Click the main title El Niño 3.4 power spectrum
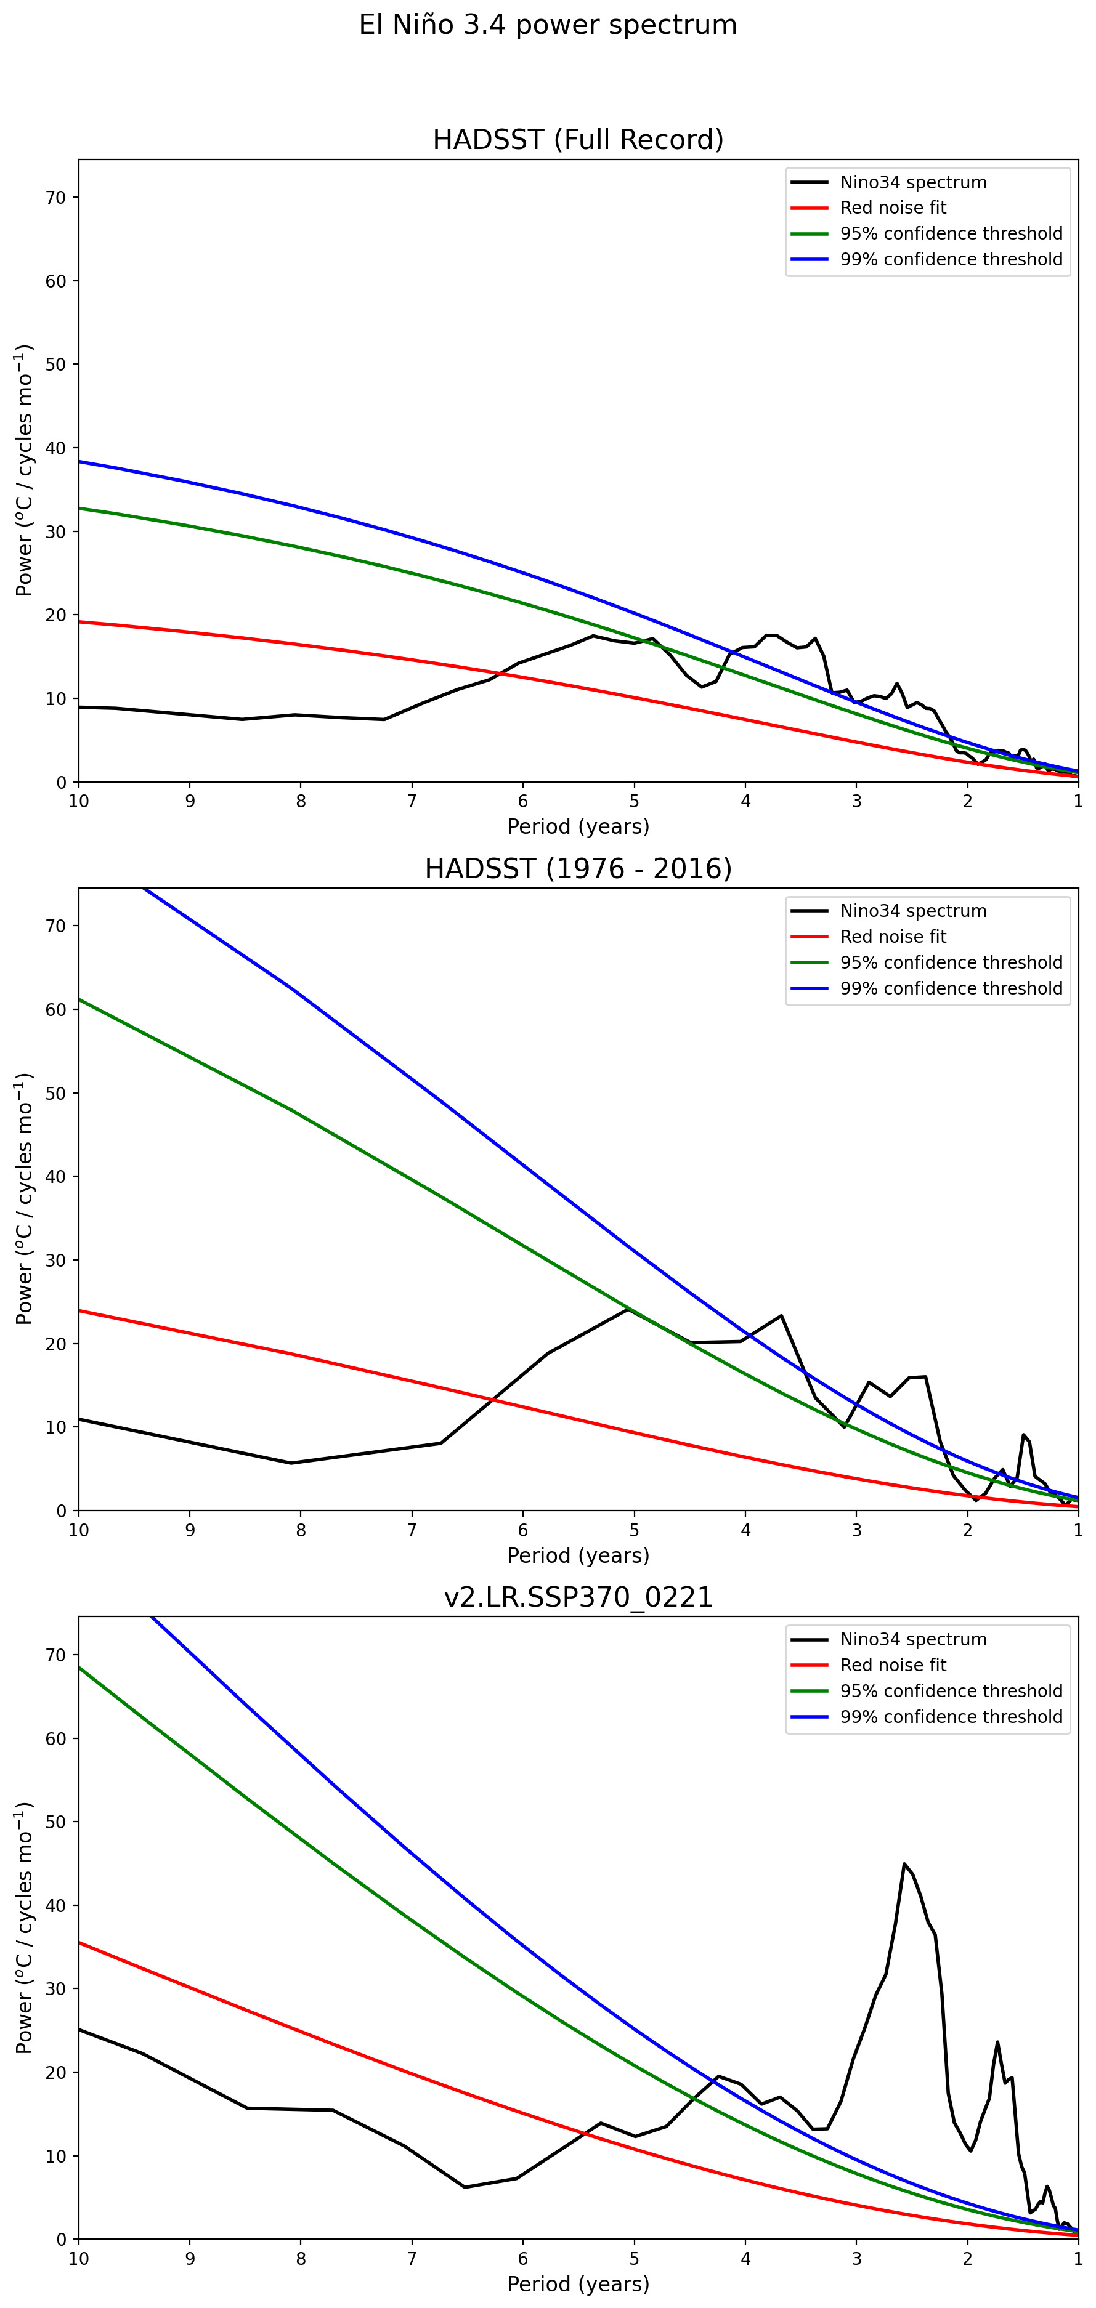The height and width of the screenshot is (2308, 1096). click(548, 25)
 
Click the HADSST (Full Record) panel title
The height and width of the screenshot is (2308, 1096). click(578, 140)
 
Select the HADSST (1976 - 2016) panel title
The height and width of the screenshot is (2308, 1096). click(578, 869)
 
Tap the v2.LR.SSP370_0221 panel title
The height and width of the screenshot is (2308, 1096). click(578, 1597)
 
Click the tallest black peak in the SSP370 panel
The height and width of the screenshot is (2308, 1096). click(904, 1863)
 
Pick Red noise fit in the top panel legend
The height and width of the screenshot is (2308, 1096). click(893, 208)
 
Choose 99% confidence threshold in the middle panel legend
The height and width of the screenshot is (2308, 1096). click(951, 988)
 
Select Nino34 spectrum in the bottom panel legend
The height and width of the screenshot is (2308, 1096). click(912, 1640)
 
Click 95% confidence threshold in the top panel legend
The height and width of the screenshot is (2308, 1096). click(951, 234)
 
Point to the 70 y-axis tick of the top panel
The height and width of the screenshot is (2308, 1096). click(55, 198)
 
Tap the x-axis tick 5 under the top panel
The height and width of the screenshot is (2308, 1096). click(635, 801)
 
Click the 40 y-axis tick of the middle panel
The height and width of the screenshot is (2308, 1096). click(55, 1176)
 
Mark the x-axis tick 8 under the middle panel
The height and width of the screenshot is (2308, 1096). click(301, 1530)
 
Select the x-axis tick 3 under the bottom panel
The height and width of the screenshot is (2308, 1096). click(857, 2259)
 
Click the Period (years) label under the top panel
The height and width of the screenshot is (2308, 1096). click(578, 826)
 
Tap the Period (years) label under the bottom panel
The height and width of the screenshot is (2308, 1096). click(578, 2284)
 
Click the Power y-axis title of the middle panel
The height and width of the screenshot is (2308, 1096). click(24, 1199)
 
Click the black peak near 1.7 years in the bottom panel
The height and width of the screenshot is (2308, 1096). click(997, 2043)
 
